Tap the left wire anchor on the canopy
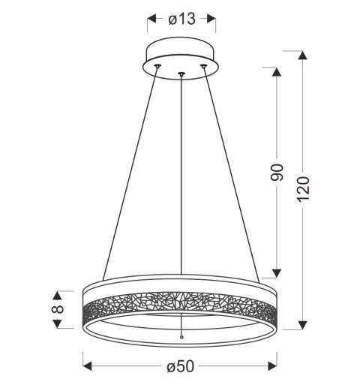coord(157,67)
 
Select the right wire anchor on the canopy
coord(202,67)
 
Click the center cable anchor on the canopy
coord(181,74)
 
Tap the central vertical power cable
coord(181,188)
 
